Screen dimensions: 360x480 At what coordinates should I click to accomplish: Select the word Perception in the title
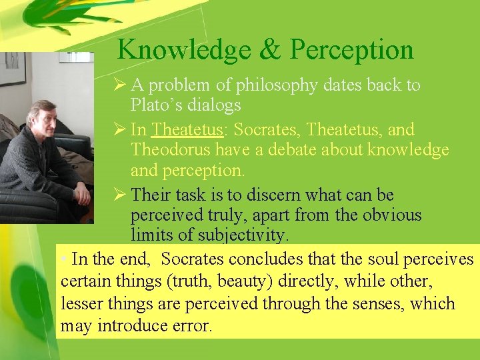[352, 50]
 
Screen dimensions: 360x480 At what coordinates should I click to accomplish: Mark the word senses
[375, 304]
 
